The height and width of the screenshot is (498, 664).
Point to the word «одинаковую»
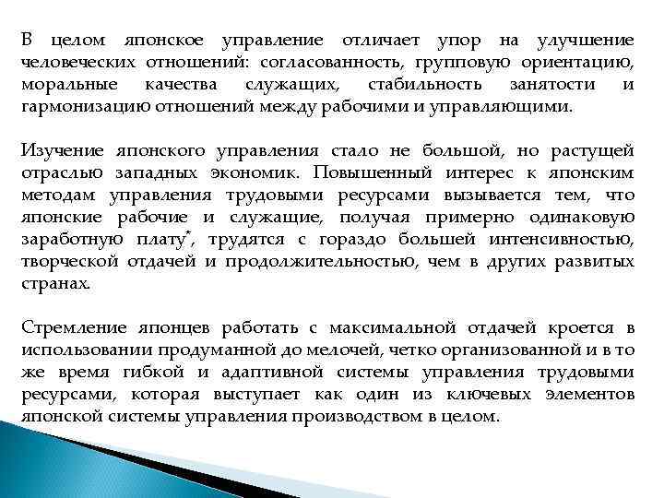[583, 217]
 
